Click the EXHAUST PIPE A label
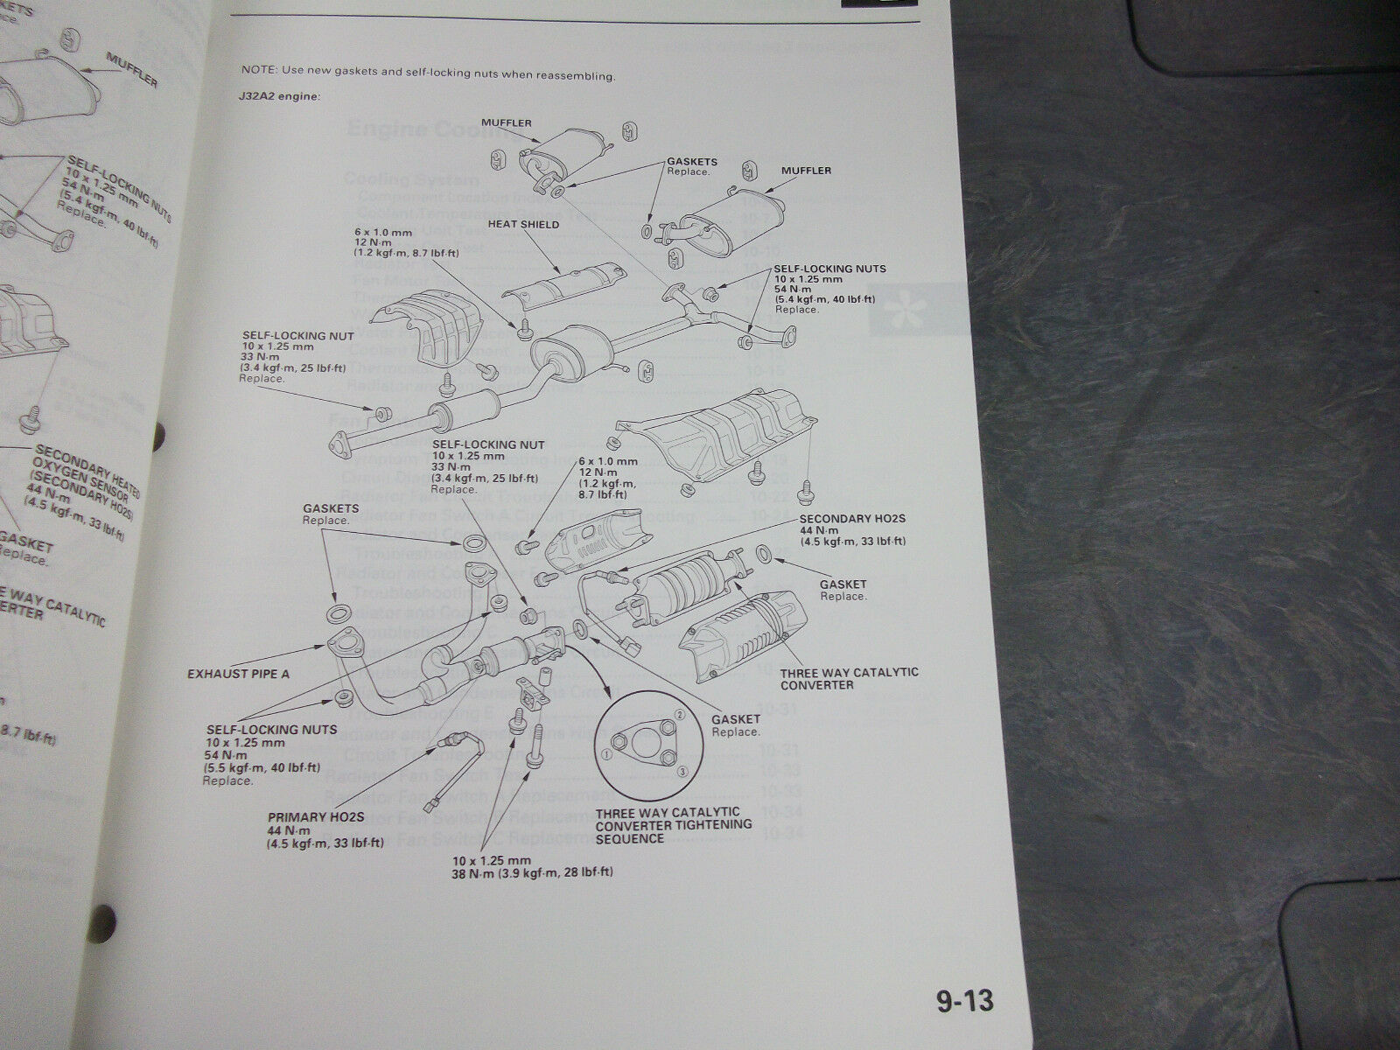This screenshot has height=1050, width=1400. pyautogui.click(x=238, y=674)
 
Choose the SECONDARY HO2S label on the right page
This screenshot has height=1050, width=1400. pyautogui.click(x=851, y=518)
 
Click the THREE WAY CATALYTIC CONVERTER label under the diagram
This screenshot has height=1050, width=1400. pyautogui.click(x=849, y=678)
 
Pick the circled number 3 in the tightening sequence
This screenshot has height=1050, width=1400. pyautogui.click(x=682, y=769)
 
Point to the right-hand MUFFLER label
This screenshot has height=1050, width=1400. pyautogui.click(x=807, y=171)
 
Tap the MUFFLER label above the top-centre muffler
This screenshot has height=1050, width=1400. pyautogui.click(x=506, y=122)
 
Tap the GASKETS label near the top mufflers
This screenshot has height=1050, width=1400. pyautogui.click(x=691, y=162)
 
